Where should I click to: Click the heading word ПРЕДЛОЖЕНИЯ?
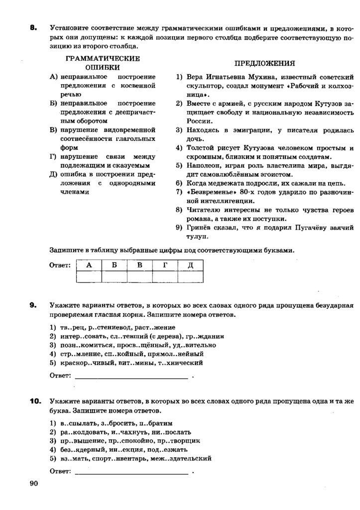(x=264, y=63)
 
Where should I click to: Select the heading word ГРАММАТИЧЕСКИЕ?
(x=103, y=59)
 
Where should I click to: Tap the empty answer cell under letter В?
(x=139, y=276)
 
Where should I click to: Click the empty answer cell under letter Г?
(x=165, y=276)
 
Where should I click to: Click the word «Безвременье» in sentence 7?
(x=209, y=192)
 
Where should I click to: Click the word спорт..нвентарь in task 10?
(x=112, y=458)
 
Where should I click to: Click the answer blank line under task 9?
(x=131, y=378)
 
